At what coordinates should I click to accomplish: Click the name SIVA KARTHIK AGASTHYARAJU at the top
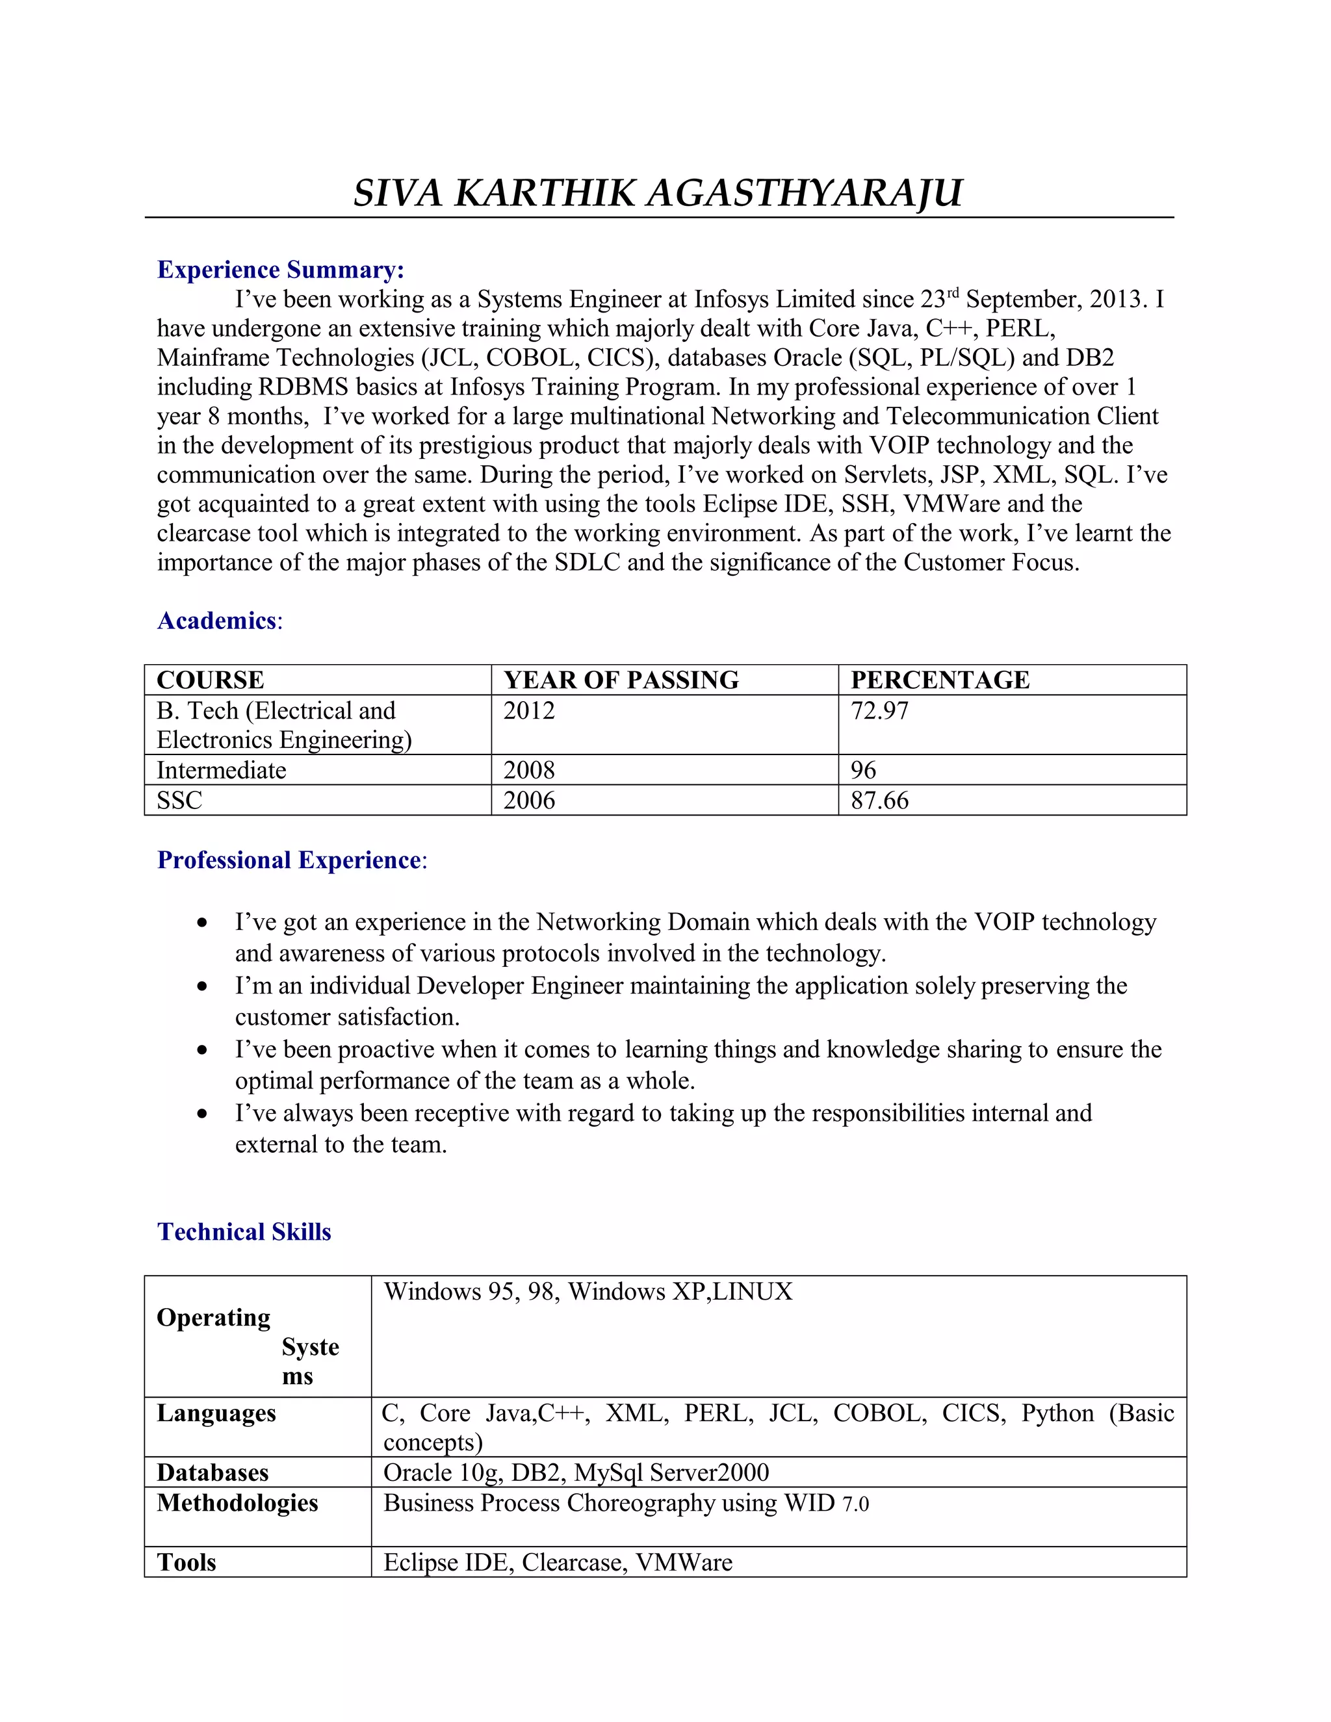(658, 193)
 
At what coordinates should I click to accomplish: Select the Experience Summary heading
(281, 270)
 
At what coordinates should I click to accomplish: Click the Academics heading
(217, 621)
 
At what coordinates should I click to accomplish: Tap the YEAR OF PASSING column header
(621, 680)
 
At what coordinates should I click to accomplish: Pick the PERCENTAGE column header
(940, 680)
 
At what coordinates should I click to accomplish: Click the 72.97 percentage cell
(879, 710)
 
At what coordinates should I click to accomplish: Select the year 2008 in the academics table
(529, 769)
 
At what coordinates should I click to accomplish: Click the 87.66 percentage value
(879, 801)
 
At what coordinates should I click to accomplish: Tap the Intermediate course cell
(221, 769)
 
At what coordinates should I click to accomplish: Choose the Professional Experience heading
(289, 860)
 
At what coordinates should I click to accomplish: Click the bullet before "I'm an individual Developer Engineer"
(203, 986)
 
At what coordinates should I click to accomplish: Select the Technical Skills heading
(244, 1231)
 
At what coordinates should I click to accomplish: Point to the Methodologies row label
(237, 1503)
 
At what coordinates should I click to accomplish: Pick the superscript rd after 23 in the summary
(953, 292)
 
